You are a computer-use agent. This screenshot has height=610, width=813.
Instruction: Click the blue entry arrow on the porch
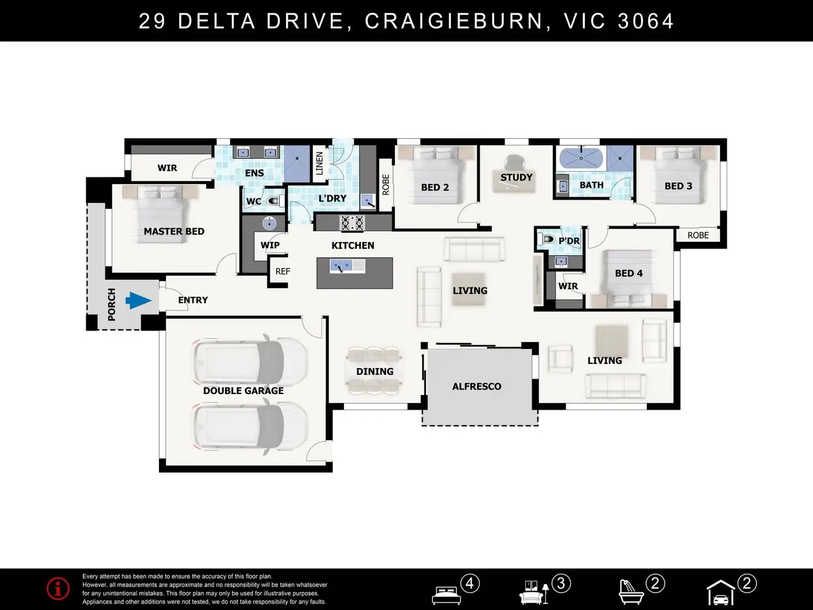pos(139,301)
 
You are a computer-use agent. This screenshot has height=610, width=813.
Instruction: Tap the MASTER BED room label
pos(174,232)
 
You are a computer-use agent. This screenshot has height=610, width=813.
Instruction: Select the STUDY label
pos(516,177)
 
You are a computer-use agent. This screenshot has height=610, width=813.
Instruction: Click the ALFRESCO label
pos(477,386)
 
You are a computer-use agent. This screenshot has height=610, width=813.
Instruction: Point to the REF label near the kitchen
pos(283,271)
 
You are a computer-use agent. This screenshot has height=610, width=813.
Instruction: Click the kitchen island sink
pos(341,266)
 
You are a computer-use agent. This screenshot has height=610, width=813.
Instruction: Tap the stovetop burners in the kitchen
pos(352,223)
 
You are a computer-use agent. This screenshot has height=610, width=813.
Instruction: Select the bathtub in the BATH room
pos(581,159)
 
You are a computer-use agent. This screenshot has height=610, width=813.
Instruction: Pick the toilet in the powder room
pos(547,239)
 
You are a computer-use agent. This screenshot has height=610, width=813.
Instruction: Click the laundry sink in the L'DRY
pos(368,201)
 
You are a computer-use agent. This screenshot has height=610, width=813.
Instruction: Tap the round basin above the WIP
pos(270,223)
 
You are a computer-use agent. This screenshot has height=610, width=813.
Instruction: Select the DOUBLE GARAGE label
pos(244,391)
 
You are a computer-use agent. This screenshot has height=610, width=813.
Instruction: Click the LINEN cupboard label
pos(319,164)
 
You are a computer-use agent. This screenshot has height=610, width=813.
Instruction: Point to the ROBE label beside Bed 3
pos(698,235)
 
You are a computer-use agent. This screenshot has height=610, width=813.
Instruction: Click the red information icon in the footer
pos(58,588)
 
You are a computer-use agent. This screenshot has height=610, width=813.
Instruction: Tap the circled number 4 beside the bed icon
pos(470,583)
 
